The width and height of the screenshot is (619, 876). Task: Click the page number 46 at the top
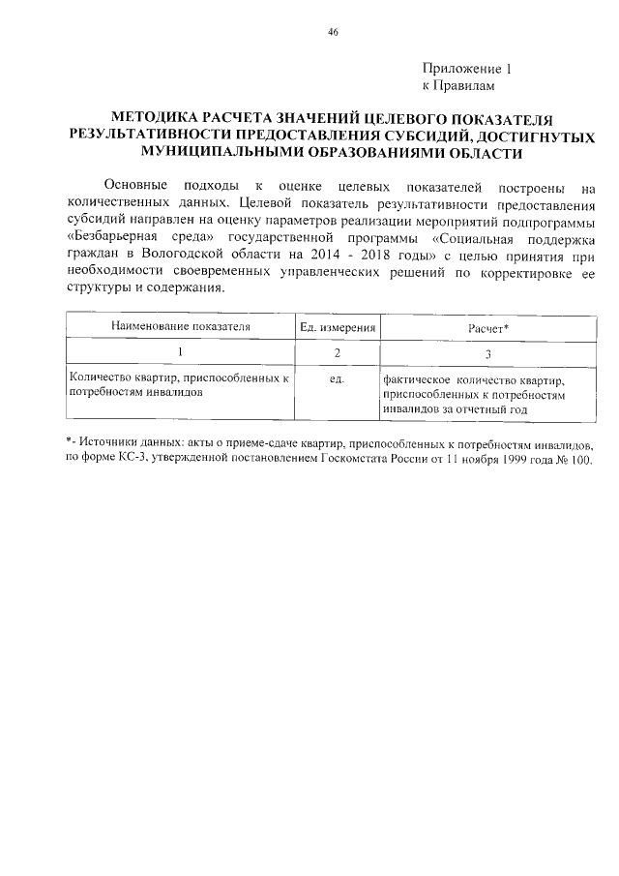point(333,32)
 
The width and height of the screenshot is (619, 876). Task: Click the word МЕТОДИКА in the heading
point(156,119)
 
